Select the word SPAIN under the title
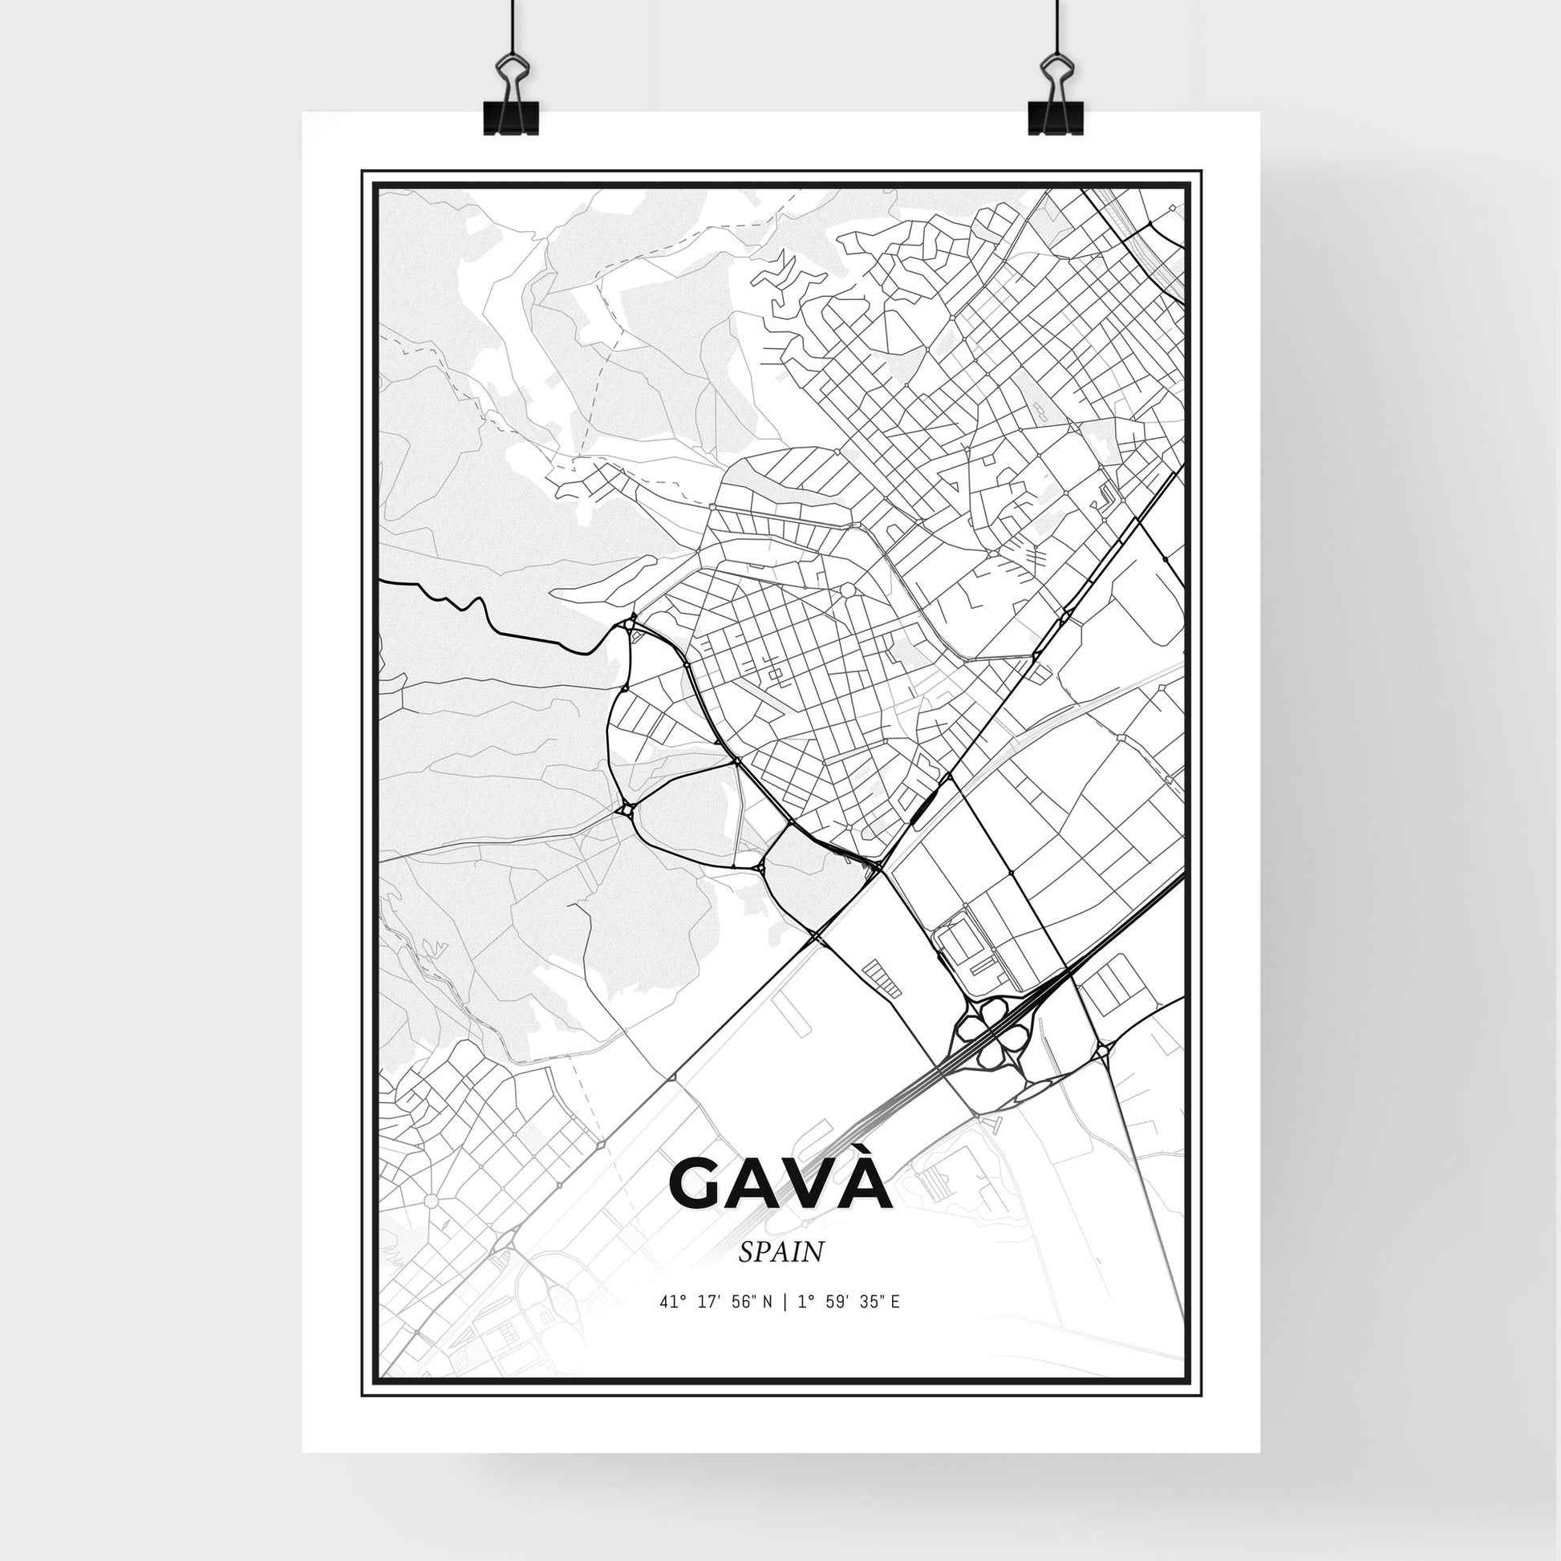point(780,1274)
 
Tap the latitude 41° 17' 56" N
point(716,1324)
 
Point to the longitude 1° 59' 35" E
point(849,1324)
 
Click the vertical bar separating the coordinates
point(785,1324)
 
